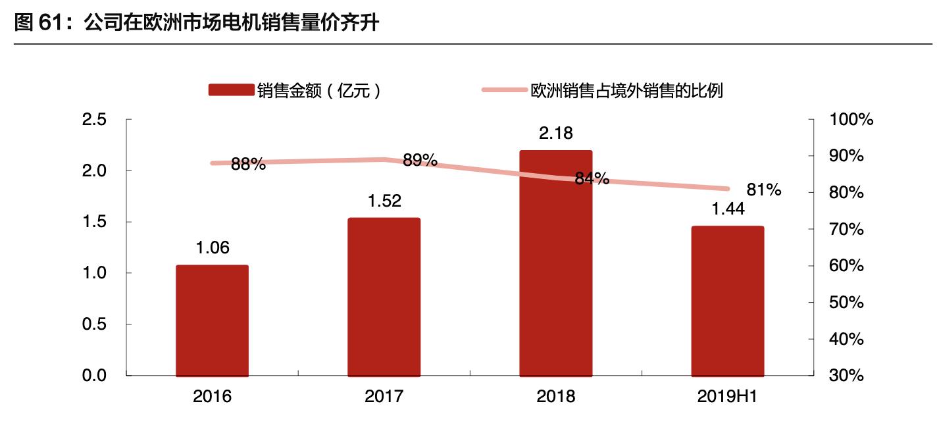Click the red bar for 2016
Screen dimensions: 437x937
(x=212, y=321)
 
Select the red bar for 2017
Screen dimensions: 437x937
(x=384, y=297)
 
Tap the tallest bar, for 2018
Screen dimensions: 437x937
(x=556, y=263)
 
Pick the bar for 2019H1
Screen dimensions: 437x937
(x=728, y=301)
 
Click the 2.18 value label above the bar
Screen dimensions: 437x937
(x=556, y=134)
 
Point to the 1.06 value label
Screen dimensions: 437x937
(x=213, y=248)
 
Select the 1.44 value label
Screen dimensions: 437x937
(x=727, y=209)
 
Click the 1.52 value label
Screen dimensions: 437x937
(x=384, y=201)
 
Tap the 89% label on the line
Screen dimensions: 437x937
(x=420, y=160)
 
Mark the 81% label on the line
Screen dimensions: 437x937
(x=764, y=191)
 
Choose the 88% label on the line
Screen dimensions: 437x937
(x=248, y=165)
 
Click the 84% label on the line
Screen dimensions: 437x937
(x=592, y=178)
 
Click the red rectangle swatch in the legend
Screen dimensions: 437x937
(x=231, y=90)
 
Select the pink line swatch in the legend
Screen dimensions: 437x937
(x=505, y=90)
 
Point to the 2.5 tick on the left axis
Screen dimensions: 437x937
(x=93, y=120)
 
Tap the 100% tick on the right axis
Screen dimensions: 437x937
(x=851, y=120)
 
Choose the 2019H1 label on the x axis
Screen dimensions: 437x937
(x=727, y=397)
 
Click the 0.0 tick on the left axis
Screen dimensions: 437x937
(x=93, y=376)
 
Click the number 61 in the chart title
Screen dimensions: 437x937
(x=53, y=24)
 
